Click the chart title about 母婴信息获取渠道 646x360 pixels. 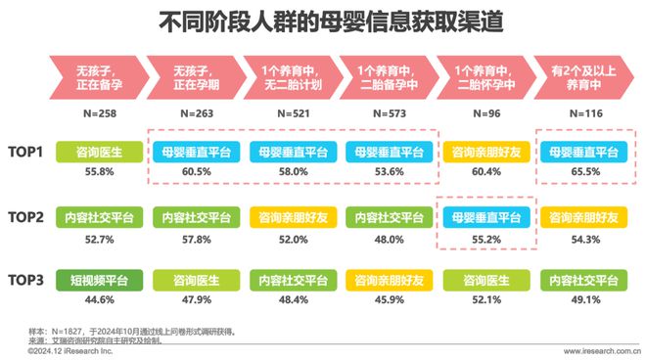[x=323, y=21]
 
